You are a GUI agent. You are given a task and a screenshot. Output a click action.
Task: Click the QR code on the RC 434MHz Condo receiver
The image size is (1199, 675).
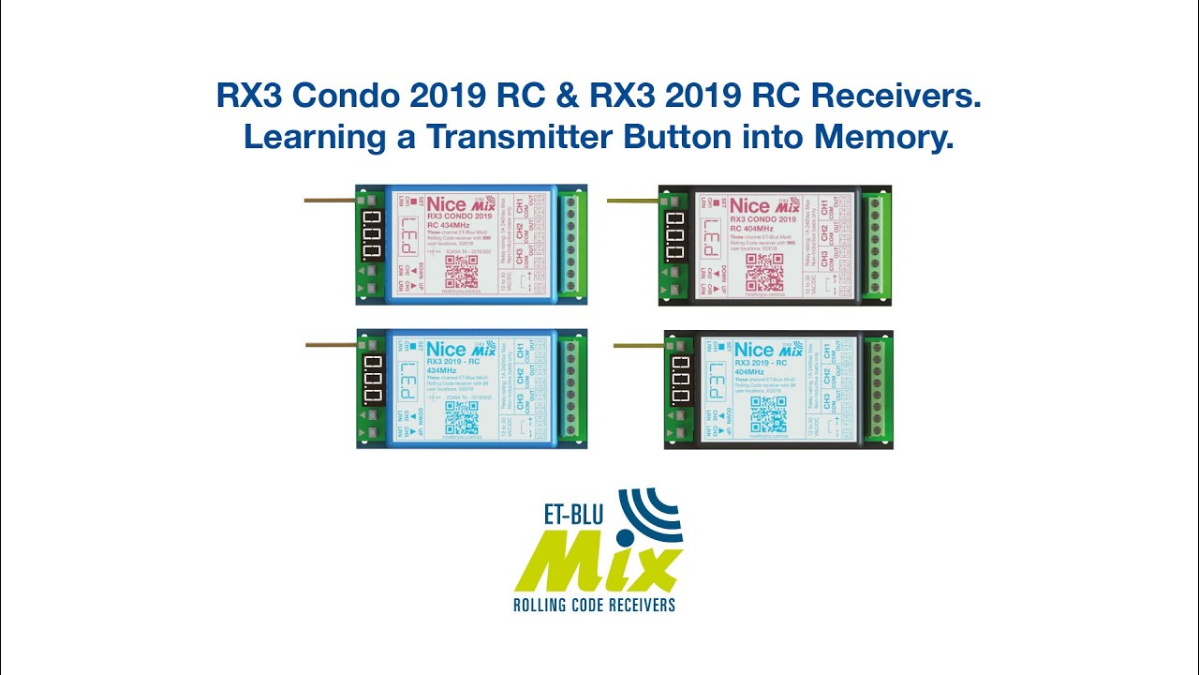[462, 271]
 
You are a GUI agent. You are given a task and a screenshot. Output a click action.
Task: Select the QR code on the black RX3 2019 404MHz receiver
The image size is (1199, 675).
[768, 415]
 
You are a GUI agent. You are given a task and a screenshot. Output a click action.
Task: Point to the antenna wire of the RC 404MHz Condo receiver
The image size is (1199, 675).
[633, 201]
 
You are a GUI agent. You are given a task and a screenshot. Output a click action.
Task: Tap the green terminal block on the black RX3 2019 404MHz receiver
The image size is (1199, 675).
[878, 389]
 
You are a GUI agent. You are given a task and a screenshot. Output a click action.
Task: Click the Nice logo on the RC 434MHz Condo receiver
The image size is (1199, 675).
[447, 205]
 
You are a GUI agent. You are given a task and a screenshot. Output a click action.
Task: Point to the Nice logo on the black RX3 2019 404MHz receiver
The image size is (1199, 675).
[754, 350]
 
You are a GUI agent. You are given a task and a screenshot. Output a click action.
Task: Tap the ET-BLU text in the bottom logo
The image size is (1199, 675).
[574, 513]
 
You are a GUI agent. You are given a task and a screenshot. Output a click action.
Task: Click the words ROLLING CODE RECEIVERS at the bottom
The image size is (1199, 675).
[594, 605]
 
